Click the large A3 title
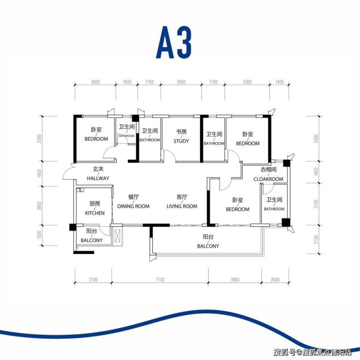tap(174, 42)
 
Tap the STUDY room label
tap(181, 141)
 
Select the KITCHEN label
tap(94, 213)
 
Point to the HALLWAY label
tap(98, 178)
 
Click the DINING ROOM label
tap(133, 206)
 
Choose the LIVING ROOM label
tap(182, 206)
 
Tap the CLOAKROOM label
tap(269, 179)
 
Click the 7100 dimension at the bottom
tap(160, 280)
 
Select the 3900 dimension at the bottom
tap(235, 280)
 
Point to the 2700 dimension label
tap(93, 280)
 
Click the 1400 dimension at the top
tap(279, 82)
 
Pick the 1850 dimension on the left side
tap(39, 173)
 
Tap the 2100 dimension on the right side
tap(316, 239)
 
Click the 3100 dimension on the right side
tap(316, 204)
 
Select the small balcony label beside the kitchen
tap(91, 240)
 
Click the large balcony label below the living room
tap(208, 246)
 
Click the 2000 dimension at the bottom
tap(275, 280)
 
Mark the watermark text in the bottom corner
tap(312, 352)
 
